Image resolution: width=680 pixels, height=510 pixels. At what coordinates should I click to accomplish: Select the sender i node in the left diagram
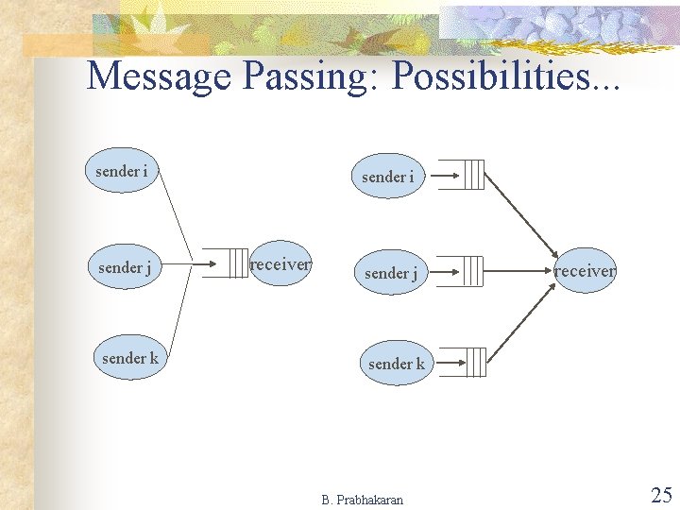122,171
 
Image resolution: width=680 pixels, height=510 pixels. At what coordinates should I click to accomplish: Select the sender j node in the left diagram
125,267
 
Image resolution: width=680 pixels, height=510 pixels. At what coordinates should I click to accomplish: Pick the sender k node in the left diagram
130,358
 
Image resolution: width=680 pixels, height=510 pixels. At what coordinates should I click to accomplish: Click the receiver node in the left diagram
280,264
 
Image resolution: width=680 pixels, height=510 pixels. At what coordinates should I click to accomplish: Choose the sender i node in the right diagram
387,177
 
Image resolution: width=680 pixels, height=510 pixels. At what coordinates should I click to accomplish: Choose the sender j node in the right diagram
391,273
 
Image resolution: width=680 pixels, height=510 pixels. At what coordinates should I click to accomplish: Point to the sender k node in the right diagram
397,364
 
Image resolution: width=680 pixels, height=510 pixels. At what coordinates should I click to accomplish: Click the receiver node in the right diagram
585,271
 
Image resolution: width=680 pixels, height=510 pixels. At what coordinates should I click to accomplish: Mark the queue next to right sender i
473,175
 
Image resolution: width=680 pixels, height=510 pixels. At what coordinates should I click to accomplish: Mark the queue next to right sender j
473,271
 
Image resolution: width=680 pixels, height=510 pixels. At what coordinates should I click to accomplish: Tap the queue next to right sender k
473,362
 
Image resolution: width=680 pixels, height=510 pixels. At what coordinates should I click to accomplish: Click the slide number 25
661,495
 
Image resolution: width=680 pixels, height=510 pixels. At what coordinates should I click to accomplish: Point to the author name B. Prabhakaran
362,500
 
